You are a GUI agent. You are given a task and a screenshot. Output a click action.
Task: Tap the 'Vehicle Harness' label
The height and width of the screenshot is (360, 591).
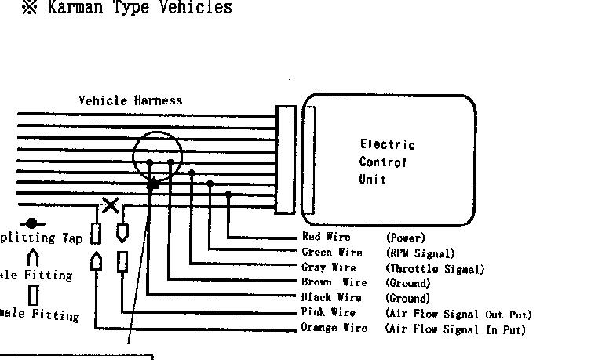130,100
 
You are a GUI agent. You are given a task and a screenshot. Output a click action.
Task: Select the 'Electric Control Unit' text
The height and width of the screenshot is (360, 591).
387,162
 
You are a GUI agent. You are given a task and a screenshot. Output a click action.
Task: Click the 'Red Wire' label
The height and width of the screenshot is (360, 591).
326,237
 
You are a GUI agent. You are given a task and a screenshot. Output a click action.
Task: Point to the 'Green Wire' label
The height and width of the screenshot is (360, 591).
331,253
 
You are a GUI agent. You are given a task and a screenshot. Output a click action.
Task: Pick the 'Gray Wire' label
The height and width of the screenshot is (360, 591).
328,267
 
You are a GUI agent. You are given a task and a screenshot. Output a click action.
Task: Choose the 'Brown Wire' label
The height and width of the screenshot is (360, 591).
333,282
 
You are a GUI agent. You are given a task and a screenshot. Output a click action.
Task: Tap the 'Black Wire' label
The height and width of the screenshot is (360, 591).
331,298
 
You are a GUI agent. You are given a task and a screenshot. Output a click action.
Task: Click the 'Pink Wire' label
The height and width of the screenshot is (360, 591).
328,313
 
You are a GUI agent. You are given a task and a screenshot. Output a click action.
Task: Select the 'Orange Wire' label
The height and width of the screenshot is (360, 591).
334,329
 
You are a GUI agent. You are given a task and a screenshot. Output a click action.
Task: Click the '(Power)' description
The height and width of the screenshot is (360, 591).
405,237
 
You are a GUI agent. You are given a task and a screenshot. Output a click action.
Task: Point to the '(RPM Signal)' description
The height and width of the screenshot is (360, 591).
420,253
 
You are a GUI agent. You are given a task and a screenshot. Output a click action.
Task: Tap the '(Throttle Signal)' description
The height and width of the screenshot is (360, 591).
435,268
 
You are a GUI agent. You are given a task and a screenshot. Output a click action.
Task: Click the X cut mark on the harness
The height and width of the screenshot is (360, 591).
111,205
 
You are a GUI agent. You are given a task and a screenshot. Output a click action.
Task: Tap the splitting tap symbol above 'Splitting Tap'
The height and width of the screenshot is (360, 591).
31,224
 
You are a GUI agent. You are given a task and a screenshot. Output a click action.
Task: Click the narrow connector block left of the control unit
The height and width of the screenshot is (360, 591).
284,159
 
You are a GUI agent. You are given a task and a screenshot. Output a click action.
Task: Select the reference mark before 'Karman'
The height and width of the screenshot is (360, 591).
29,9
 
